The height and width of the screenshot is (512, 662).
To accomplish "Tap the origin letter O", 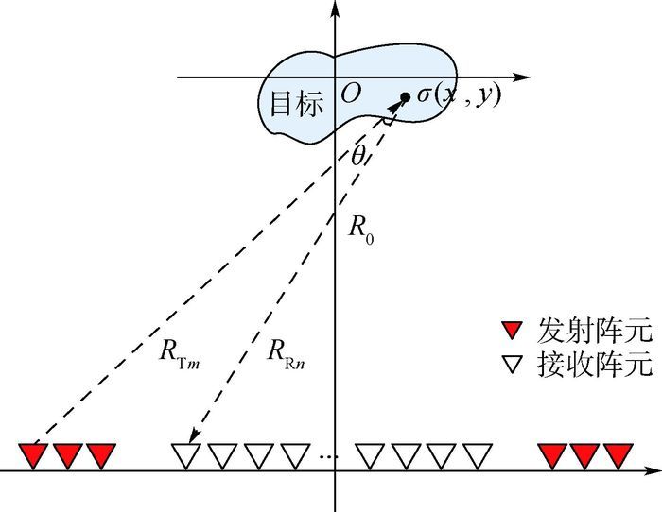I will pos(350,94).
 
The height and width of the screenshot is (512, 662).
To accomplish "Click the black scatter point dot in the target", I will pos(405,96).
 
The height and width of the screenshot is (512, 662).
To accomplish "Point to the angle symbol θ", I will pos(357,157).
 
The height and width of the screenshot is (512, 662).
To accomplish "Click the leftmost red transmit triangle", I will pos(33,455).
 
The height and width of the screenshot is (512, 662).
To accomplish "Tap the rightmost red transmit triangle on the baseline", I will pos(617,455).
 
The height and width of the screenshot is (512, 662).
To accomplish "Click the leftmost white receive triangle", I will pos(185,455).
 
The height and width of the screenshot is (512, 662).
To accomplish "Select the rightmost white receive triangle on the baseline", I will pos(477,455).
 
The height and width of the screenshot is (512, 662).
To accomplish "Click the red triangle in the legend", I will pos(512,331).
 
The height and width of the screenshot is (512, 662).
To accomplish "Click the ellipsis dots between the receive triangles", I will pos(328,457).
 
